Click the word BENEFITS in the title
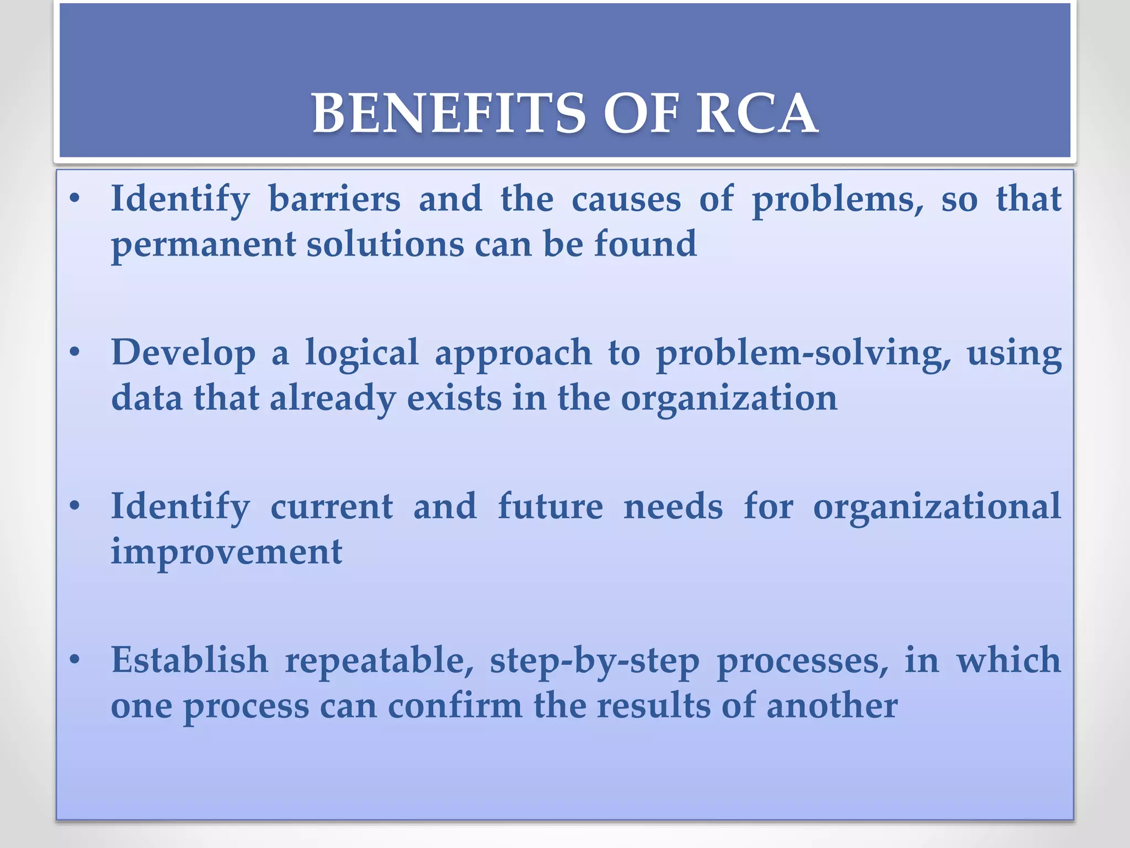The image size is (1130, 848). [x=448, y=114]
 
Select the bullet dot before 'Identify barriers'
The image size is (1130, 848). [x=76, y=199]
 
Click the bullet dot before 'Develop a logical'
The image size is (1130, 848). [x=76, y=352]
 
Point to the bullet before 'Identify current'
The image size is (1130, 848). [x=76, y=506]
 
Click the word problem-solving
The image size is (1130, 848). [x=803, y=353]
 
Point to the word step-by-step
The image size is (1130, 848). [x=594, y=661]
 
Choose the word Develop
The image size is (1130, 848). [x=183, y=353]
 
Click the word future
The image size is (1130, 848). [x=550, y=507]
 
